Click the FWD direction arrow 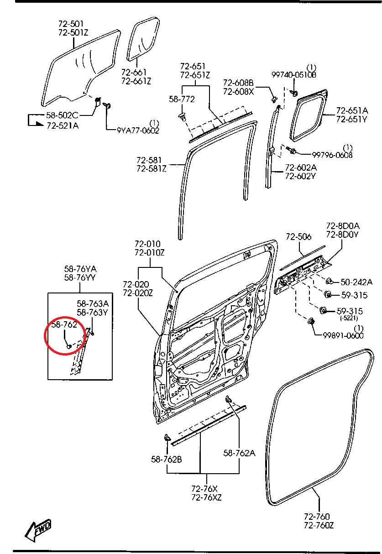[38, 531]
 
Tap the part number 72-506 [298, 236]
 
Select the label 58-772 [182, 99]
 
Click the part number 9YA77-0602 [138, 131]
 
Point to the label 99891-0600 [343, 335]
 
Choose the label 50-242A [356, 282]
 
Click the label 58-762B [167, 459]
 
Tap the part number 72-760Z [319, 525]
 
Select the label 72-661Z [136, 81]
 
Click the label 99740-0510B [294, 74]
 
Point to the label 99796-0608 [332, 155]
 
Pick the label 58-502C [62, 116]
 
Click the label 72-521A [63, 125]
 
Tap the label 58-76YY [80, 277]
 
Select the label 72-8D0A [343, 226]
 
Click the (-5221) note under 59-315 [348, 318]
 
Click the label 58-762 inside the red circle [64, 325]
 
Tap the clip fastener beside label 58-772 [183, 116]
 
